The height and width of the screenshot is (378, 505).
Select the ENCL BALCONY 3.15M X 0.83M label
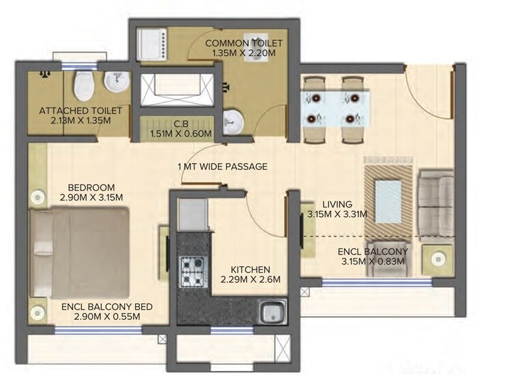(x=372, y=255)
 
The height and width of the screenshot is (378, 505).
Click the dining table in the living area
(x=333, y=108)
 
